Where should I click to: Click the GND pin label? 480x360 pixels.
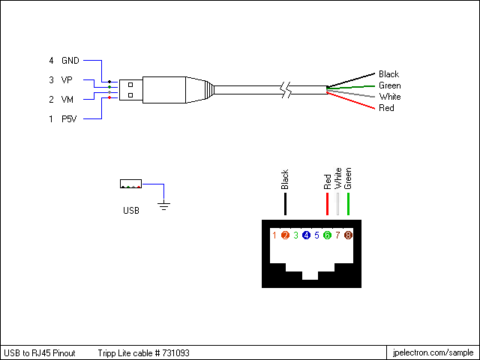coord(70,60)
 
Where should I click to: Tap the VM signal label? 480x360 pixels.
coord(67,99)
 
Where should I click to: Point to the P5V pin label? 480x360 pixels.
coord(68,118)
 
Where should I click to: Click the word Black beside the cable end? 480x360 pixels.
coord(388,74)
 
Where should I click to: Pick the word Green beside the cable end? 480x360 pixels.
coord(389,85)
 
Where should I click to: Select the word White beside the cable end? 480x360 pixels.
coord(389,97)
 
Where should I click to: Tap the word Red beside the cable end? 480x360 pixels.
coord(386,108)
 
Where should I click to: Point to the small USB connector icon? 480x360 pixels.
coord(130,184)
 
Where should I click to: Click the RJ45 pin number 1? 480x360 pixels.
coord(274,235)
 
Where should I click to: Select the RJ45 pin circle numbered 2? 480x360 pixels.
coord(285,235)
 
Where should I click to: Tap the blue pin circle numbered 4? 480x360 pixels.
coord(306,235)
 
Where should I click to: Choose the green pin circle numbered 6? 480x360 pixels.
coord(327,235)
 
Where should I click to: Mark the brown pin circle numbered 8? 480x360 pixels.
coord(348,235)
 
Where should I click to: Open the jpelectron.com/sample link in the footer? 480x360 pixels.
coord(433,352)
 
